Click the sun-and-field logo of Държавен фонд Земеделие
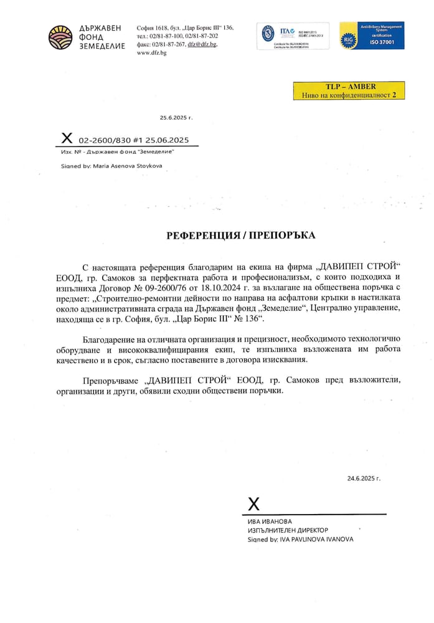pyautogui.click(x=60, y=37)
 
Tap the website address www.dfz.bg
pyautogui.click(x=151, y=53)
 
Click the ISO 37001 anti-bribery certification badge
pyautogui.click(x=371, y=36)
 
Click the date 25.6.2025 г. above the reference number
pyautogui.click(x=176, y=117)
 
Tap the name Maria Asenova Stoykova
pyautogui.click(x=131, y=166)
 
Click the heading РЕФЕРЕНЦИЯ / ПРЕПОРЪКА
pyautogui.click(x=241, y=235)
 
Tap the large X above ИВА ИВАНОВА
pyautogui.click(x=253, y=504)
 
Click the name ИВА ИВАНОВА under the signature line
pyautogui.click(x=270, y=521)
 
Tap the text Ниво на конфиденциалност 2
pyautogui.click(x=349, y=95)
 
